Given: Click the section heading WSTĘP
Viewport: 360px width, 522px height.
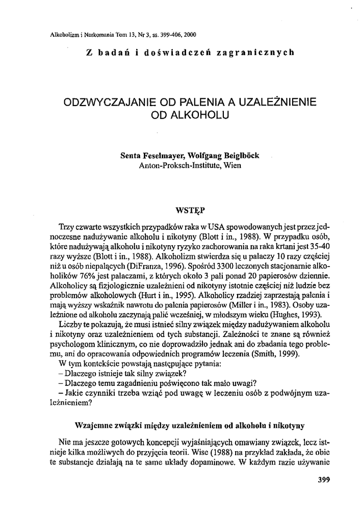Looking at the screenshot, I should pyautogui.click(x=190, y=208).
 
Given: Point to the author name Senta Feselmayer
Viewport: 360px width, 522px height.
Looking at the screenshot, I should pyautogui.click(x=149, y=156).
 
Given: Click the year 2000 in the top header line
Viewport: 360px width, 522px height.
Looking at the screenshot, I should pyautogui.click(x=190, y=35).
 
